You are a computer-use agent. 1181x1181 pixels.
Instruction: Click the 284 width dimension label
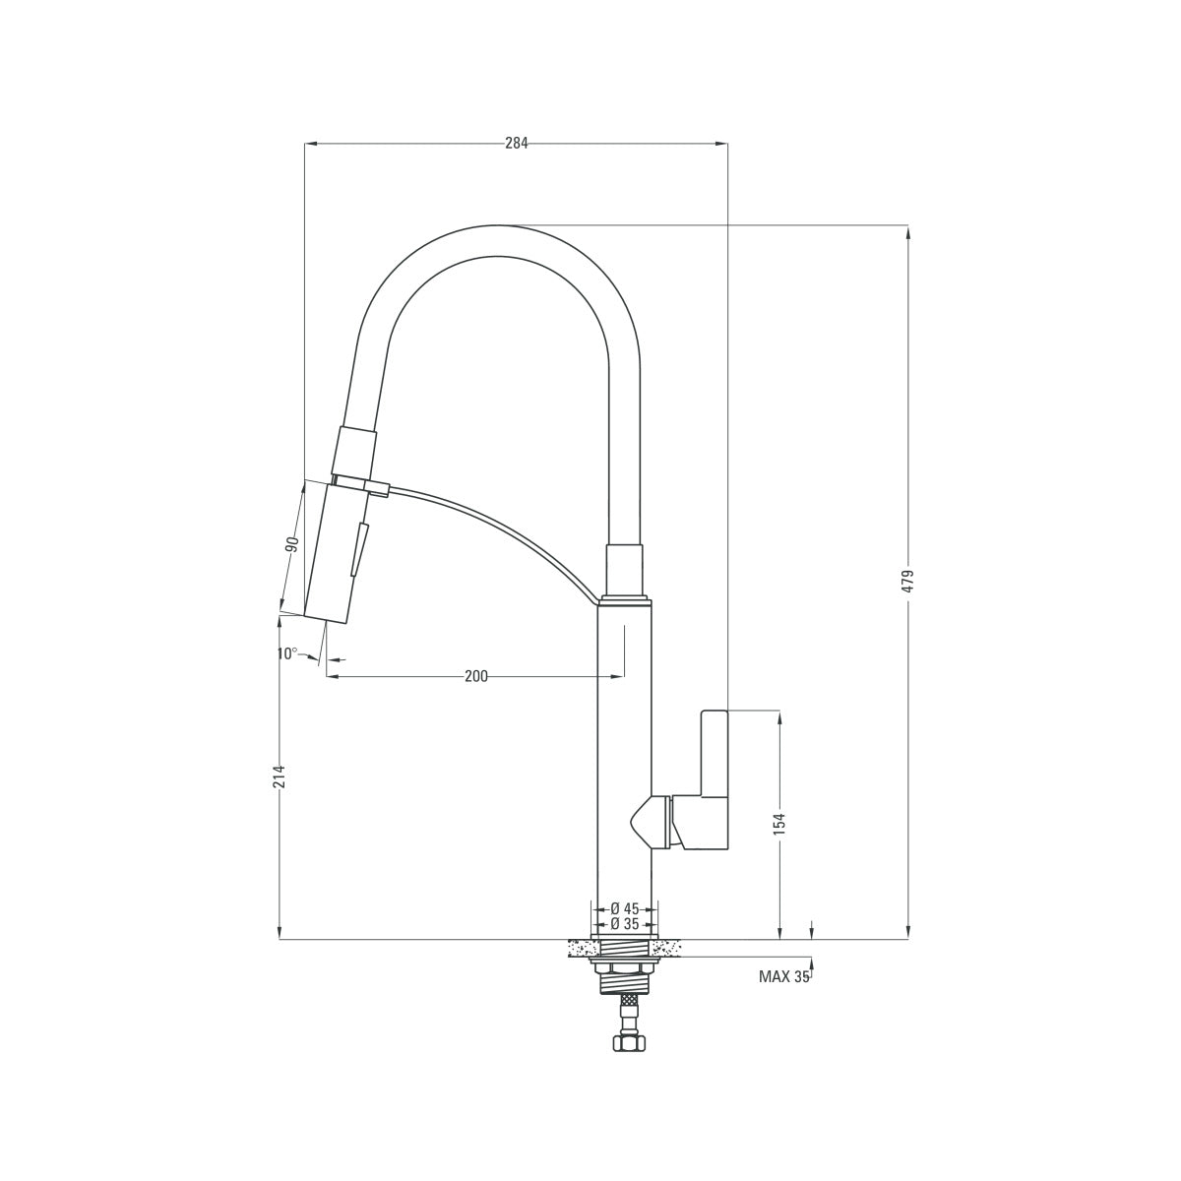517,143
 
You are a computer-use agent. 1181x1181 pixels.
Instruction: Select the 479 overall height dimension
908,581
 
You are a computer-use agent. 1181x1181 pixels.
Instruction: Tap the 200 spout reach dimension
476,676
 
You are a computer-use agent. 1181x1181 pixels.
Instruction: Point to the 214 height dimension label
280,777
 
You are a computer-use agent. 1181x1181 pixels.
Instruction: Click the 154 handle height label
779,824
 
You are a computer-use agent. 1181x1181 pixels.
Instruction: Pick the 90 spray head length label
292,544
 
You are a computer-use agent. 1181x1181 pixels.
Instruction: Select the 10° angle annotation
286,653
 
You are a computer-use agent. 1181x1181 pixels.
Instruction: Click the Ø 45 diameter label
625,908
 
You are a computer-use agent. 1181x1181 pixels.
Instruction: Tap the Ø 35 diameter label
625,924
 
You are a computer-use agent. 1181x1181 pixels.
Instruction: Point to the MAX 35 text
783,977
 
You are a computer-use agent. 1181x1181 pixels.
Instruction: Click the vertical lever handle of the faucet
714,753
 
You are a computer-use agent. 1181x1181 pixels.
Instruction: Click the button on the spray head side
359,549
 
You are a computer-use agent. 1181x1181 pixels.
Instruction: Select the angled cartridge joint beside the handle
650,822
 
